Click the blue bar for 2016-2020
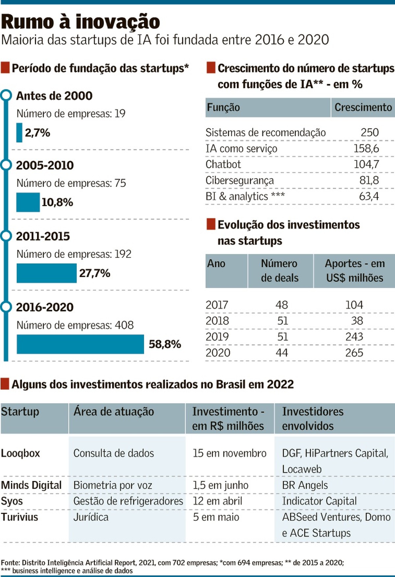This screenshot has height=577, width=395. pos(80,344)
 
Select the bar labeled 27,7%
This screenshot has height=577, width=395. pos(47,273)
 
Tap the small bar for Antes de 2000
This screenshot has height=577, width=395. pos(19,133)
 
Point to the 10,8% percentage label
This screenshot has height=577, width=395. pos(57,202)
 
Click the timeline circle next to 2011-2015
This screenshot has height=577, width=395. pos(6,236)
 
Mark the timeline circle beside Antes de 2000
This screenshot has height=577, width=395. pos(6,95)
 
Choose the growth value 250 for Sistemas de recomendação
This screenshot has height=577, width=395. pos(370,132)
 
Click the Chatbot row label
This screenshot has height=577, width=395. pos(223,164)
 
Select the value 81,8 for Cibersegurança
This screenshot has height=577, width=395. pos(369,180)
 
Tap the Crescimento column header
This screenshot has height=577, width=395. pos(363,107)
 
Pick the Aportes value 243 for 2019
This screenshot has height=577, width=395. pos(354,336)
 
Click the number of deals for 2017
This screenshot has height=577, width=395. pos(282,304)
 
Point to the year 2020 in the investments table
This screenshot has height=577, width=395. pos(218,353)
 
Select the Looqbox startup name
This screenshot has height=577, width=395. pos(20,453)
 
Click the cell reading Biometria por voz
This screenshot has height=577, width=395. pos(113,485)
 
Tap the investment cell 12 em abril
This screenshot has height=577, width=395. pos(218,501)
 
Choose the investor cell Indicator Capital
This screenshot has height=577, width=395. pos(319,501)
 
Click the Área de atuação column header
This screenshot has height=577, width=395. pos(114,411)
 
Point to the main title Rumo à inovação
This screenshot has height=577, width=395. pos(80,22)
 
